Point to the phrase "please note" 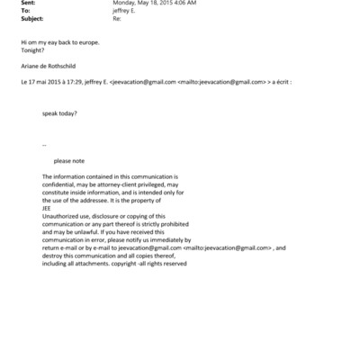point(68,160)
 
